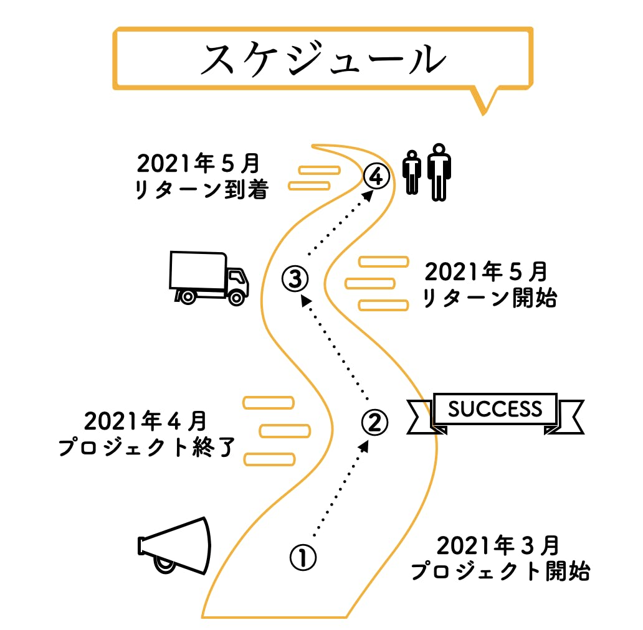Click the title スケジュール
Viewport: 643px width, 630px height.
323,60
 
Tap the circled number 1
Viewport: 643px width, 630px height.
303,557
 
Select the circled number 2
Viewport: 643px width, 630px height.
375,422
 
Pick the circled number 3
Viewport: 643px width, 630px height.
295,278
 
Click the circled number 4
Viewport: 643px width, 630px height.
376,177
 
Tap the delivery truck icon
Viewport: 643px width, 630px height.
208,278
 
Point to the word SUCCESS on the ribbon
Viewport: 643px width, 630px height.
495,409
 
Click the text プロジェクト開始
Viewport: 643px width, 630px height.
500,571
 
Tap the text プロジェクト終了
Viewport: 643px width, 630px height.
146,448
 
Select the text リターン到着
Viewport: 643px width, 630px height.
201,190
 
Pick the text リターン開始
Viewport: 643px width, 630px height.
489,299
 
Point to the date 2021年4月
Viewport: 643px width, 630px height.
145,421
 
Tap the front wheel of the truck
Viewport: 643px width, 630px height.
236,297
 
